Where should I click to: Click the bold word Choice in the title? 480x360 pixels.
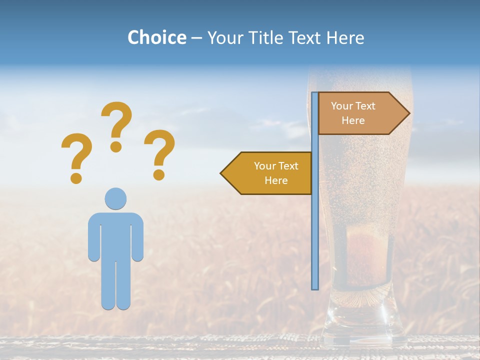coord(156,37)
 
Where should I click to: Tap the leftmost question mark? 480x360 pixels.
coord(76,157)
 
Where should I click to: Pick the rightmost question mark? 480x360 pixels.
coord(159,154)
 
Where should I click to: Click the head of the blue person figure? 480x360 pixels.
coord(115,198)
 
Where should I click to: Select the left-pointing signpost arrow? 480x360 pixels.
coord(267,173)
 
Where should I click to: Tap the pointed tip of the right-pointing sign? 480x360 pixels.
coord(408,113)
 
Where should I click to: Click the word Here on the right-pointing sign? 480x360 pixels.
coord(353,120)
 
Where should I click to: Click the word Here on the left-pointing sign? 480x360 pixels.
coord(276,180)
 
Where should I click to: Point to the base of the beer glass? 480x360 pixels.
coord(357,330)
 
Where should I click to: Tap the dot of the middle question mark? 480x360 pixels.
coord(116,146)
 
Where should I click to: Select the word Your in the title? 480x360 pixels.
coord(224,37)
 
